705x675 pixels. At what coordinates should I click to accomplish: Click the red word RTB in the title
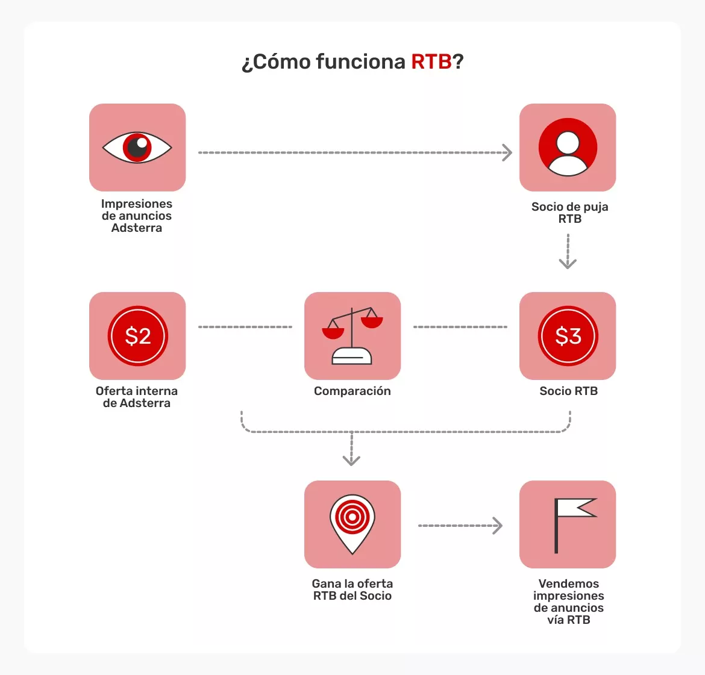pos(431,61)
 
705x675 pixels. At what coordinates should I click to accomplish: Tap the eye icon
pos(137,148)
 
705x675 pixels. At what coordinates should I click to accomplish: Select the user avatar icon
pos(568,148)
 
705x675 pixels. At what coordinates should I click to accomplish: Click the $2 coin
pos(137,336)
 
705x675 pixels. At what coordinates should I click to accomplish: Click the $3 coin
pos(568,336)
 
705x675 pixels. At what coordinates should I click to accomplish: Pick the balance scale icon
pos(352,335)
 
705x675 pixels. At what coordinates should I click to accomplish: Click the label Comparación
pos(352,391)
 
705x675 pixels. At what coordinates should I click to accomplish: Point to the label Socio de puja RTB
pos(569,213)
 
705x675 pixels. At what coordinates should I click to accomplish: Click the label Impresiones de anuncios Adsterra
pos(137,216)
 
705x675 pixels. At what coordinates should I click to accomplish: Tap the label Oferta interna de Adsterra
pos(137,397)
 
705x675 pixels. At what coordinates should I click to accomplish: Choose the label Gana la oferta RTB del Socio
pos(352,590)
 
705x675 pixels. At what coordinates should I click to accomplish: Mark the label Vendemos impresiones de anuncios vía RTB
pos(568,602)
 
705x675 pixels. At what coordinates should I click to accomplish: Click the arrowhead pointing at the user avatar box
pos(507,153)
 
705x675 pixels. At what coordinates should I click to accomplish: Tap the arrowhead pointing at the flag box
pos(497,526)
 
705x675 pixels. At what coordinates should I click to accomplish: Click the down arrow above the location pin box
pos(351,459)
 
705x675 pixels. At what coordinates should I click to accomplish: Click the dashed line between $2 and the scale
pos(245,327)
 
